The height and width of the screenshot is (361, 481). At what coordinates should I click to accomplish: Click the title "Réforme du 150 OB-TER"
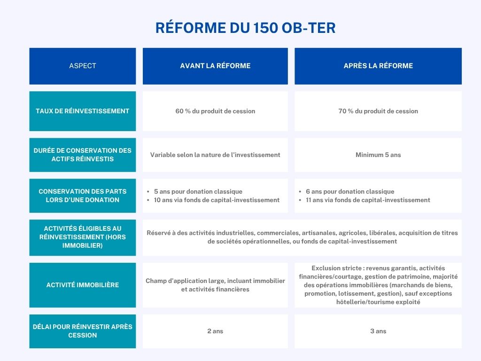(x=245, y=28)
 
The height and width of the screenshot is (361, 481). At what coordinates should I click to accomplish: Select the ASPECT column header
(x=83, y=66)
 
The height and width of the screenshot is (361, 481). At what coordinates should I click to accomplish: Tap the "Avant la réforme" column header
(x=215, y=66)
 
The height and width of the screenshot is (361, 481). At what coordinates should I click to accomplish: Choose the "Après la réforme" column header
(x=378, y=66)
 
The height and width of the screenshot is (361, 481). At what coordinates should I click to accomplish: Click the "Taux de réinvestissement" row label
(x=83, y=111)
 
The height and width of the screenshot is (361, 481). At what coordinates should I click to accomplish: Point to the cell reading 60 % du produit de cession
(x=215, y=111)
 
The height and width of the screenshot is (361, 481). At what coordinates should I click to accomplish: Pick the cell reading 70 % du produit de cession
(x=378, y=111)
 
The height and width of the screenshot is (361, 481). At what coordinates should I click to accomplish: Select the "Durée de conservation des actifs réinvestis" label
(x=83, y=155)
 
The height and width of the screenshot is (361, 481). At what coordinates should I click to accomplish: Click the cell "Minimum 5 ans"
(x=378, y=155)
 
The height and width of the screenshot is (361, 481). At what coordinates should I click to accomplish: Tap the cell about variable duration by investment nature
(x=215, y=155)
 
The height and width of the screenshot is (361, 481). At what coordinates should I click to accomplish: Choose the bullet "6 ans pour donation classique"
(x=350, y=191)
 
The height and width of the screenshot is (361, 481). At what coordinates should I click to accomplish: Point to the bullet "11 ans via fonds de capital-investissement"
(x=368, y=200)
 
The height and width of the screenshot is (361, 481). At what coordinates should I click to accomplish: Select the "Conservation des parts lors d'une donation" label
(x=83, y=196)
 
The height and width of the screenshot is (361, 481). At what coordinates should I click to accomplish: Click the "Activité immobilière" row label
(x=83, y=285)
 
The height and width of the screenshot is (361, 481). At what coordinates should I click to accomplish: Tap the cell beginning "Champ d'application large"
(x=215, y=285)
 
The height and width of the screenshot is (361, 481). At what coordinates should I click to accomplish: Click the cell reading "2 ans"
(x=215, y=331)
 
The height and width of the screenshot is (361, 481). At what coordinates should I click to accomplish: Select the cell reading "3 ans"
(x=378, y=331)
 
